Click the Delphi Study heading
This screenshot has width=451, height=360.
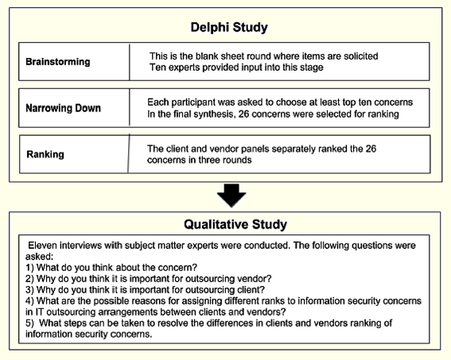point(228,27)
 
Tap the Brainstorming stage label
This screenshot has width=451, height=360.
point(58,61)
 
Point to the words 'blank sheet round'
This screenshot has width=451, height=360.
point(219,56)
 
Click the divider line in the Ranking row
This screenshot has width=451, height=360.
point(128,153)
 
